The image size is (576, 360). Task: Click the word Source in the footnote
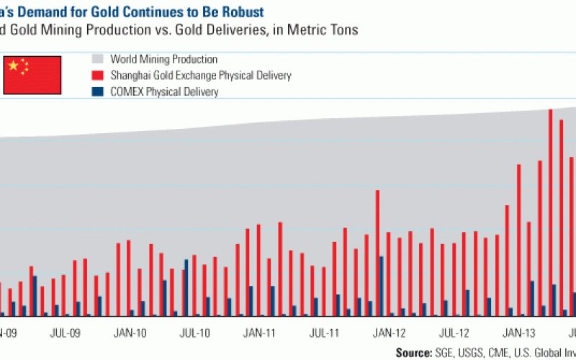pyautogui.click(x=416, y=351)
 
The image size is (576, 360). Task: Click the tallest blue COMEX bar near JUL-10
pyautogui.click(x=186, y=287)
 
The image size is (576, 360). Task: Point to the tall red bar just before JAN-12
pyautogui.click(x=377, y=253)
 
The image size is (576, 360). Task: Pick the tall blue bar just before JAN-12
pyautogui.click(x=382, y=286)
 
